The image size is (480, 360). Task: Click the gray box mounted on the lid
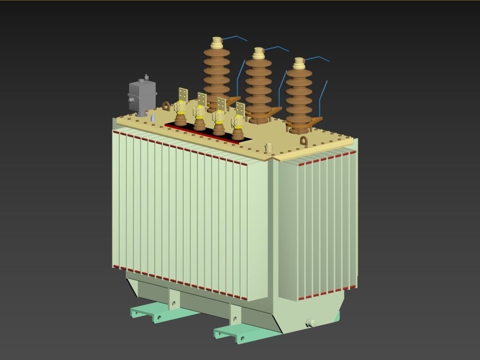click(x=142, y=96)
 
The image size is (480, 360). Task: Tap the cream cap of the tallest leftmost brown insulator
click(x=216, y=43)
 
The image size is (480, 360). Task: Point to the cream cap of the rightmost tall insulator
click(x=299, y=63)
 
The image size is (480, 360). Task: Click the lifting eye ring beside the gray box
click(x=166, y=106)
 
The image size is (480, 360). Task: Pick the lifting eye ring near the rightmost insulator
click(x=304, y=141)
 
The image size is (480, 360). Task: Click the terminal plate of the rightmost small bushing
click(x=240, y=110)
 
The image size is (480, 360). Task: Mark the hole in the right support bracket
click(x=236, y=318)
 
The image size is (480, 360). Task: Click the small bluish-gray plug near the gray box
click(x=153, y=118)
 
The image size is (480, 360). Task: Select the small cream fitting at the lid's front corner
click(x=269, y=148)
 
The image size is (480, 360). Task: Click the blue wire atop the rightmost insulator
click(x=319, y=58)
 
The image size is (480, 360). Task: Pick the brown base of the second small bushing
click(x=200, y=124)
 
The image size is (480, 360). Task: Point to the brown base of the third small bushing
click(x=219, y=129)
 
